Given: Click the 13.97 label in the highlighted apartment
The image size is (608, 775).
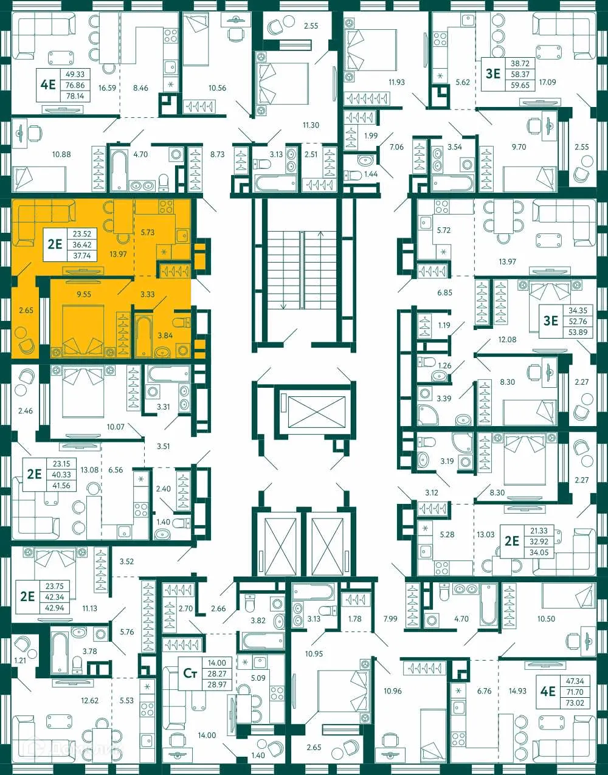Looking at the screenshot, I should pyautogui.click(x=118, y=254).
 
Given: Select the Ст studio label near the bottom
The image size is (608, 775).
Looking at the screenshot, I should pyautogui.click(x=190, y=673).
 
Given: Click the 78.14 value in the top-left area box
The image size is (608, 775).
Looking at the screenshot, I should pyautogui.click(x=75, y=96).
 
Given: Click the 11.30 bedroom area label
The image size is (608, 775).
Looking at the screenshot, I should pyautogui.click(x=311, y=125).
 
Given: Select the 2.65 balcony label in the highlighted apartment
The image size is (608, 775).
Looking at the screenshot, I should pyautogui.click(x=26, y=310).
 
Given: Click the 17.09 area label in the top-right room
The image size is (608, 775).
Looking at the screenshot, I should pyautogui.click(x=547, y=81).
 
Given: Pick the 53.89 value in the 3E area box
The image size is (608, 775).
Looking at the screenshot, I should pyautogui.click(x=577, y=332).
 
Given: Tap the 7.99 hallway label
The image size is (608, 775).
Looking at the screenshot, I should pyautogui.click(x=390, y=619).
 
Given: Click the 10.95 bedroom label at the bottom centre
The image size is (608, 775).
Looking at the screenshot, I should pyautogui.click(x=314, y=654).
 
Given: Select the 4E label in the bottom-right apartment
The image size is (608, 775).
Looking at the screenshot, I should pyautogui.click(x=548, y=691).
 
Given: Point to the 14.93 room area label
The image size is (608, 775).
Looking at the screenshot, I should pyautogui.click(x=517, y=691).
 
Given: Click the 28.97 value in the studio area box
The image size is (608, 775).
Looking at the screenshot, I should pyautogui.click(x=216, y=684).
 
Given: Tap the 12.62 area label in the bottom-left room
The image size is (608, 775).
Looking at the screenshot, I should pyautogui.click(x=89, y=700).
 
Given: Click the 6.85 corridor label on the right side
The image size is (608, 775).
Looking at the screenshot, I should pyautogui.click(x=444, y=292).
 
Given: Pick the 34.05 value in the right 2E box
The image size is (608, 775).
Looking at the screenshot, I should pyautogui.click(x=539, y=553).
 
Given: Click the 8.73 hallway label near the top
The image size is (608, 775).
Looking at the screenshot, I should pyautogui.click(x=217, y=154).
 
